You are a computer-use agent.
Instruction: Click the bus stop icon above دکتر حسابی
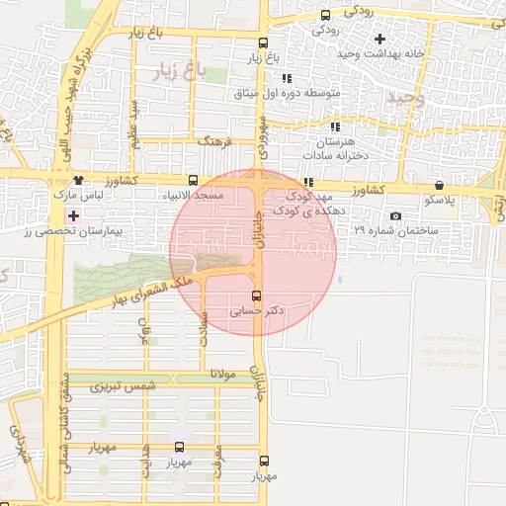[257, 295]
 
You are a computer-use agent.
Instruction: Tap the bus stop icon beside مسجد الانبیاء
[193, 181]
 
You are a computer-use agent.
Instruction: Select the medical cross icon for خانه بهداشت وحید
[379, 40]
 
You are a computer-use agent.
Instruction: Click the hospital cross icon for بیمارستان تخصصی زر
[72, 214]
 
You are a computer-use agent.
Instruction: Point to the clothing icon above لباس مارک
[78, 181]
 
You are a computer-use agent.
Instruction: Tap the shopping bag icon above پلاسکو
[438, 185]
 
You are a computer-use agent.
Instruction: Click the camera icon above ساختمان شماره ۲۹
[395, 215]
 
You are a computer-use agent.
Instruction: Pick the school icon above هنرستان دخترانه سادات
[337, 126]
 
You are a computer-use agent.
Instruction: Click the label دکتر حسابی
[257, 310]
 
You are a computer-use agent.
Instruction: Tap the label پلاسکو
[439, 200]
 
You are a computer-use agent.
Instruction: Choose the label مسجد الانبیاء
[194, 196]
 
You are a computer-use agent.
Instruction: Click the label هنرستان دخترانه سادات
[337, 148]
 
